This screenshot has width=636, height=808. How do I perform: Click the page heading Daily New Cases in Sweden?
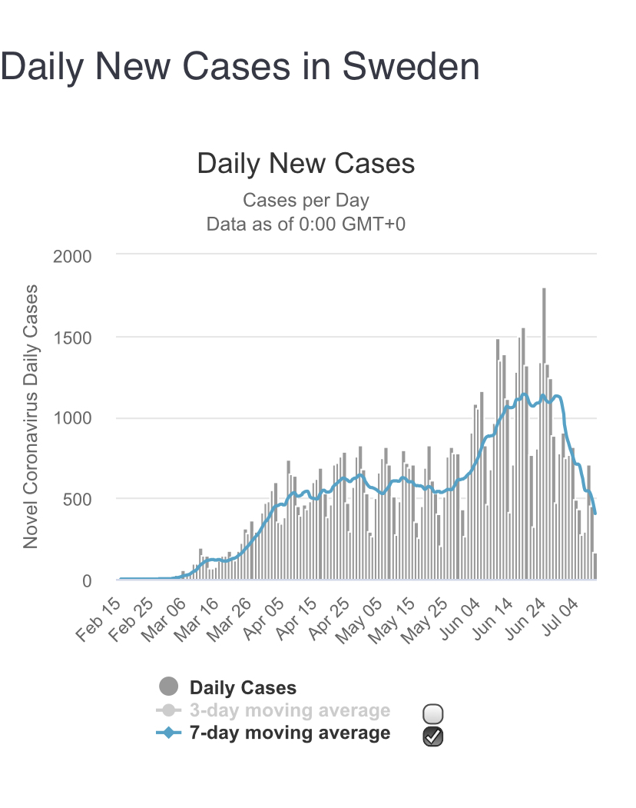click(240, 67)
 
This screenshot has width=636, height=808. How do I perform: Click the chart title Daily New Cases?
click(306, 164)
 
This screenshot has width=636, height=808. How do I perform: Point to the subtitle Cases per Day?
click(306, 201)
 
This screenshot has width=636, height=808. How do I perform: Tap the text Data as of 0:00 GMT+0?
click(306, 224)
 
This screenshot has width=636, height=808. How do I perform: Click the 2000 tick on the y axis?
click(72, 256)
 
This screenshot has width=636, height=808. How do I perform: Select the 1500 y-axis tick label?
click(72, 337)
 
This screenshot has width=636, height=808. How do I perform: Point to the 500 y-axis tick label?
click(77, 500)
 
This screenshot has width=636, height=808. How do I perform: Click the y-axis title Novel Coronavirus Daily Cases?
click(31, 416)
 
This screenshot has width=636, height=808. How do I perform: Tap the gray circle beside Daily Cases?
click(167, 687)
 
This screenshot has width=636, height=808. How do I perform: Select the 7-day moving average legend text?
click(290, 733)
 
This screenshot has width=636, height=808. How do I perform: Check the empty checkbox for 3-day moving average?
click(433, 713)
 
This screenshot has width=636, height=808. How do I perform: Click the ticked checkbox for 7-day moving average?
click(433, 736)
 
